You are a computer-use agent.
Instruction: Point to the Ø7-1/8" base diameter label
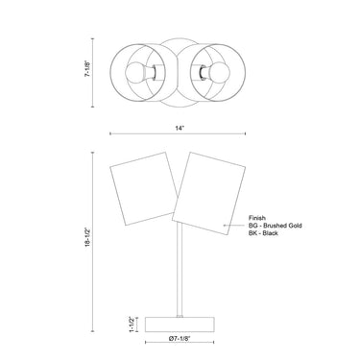coord(180,338)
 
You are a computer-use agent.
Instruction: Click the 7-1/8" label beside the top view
coord(88,68)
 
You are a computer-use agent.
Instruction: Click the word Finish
coord(257,218)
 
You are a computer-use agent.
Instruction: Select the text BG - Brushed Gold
coord(276,226)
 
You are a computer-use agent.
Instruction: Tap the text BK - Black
coord(263,233)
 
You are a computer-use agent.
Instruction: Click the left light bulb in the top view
coord(134,73)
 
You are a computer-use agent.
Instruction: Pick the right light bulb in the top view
coord(220,73)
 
